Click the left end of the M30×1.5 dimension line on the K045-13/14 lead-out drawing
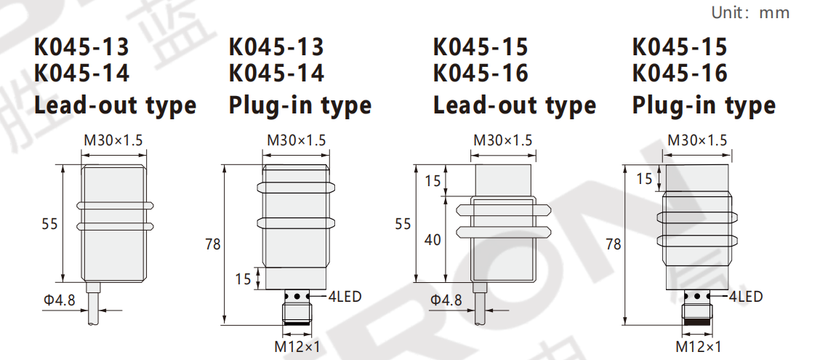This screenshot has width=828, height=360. click(x=81, y=156)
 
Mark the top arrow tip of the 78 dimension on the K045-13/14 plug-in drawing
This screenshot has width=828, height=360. click(x=225, y=166)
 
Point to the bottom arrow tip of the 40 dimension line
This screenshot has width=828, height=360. click(x=447, y=281)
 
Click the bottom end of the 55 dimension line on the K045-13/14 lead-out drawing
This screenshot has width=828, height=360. click(x=63, y=281)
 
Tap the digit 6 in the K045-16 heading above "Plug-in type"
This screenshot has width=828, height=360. click(x=720, y=73)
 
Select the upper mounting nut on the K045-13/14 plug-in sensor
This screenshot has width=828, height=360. click(x=296, y=187)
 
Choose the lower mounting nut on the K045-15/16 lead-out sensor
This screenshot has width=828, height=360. click(x=503, y=231)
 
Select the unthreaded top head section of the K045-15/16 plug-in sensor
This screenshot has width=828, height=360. click(x=698, y=178)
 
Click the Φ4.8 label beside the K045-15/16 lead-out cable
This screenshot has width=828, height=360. click(x=446, y=300)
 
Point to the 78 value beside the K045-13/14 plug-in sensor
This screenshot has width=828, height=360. click(x=213, y=244)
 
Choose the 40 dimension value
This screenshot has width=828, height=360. click(x=433, y=240)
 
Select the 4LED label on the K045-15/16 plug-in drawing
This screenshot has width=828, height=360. click(x=746, y=297)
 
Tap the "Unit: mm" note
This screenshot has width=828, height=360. click(x=750, y=12)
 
